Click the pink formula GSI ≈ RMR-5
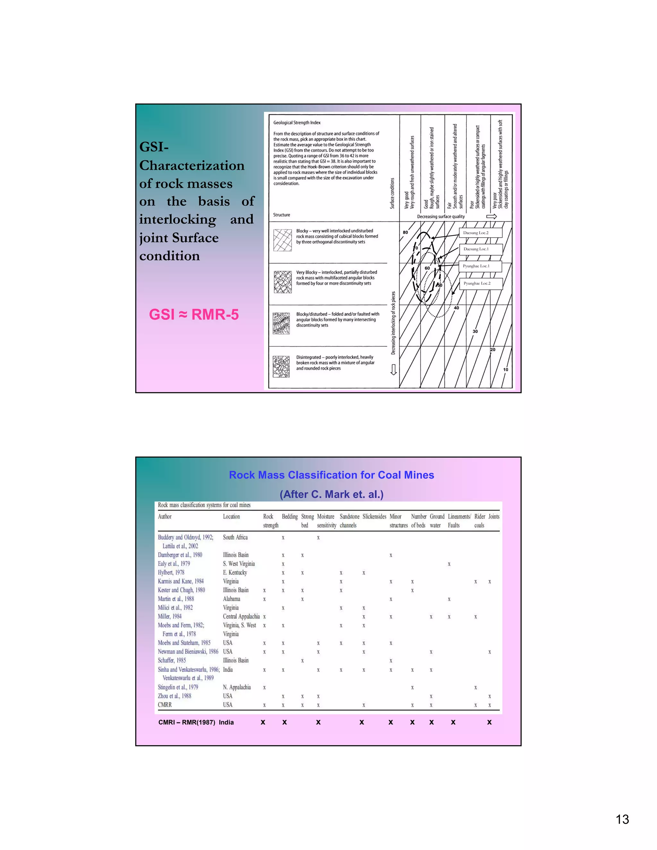193,314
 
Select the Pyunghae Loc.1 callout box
480,266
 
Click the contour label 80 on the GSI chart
405,232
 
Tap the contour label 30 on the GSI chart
475,332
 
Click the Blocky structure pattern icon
283,240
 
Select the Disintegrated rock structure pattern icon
281,367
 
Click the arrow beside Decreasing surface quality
491,217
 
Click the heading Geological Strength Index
297,123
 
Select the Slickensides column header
374,516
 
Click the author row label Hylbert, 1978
171,573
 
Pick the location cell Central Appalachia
241,616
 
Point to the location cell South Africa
235,538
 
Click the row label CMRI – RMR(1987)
186,722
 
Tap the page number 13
622,819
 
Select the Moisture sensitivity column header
326,521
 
